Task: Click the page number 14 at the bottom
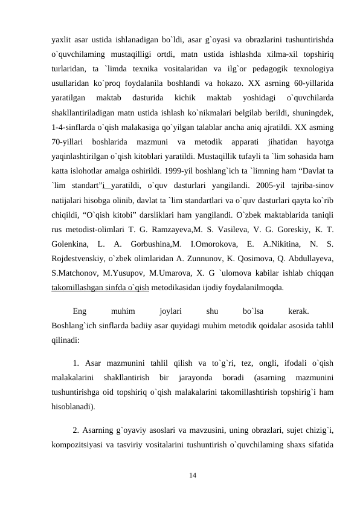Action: point(192,476)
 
